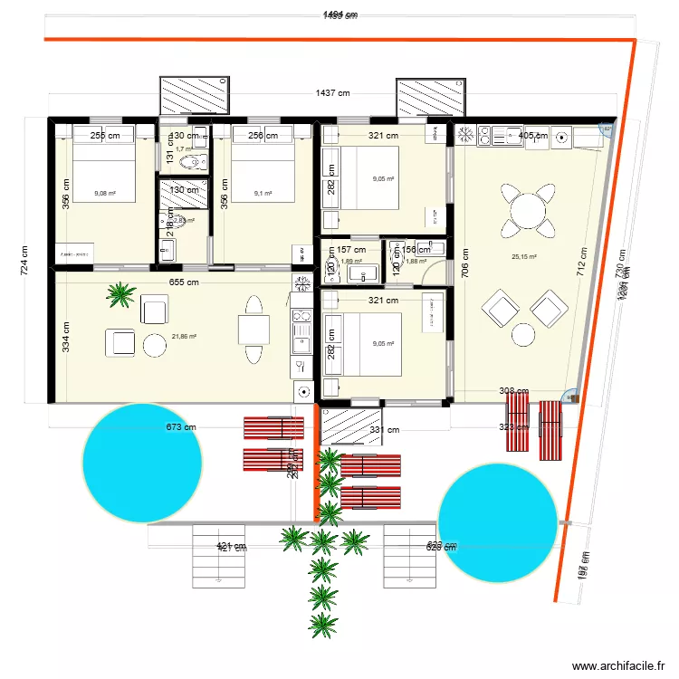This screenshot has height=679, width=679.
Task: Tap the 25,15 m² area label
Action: (524, 256)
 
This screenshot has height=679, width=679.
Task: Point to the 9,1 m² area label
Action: (263, 193)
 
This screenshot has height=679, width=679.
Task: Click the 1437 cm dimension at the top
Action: (333, 93)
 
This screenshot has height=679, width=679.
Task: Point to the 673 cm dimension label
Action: (181, 428)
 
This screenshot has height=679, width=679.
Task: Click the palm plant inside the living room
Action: (120, 292)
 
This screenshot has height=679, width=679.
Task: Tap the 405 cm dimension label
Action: (533, 136)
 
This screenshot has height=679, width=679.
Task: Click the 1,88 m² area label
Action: (416, 262)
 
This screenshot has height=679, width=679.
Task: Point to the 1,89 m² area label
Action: (351, 262)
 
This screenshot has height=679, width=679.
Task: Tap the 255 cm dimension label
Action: (105, 136)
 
